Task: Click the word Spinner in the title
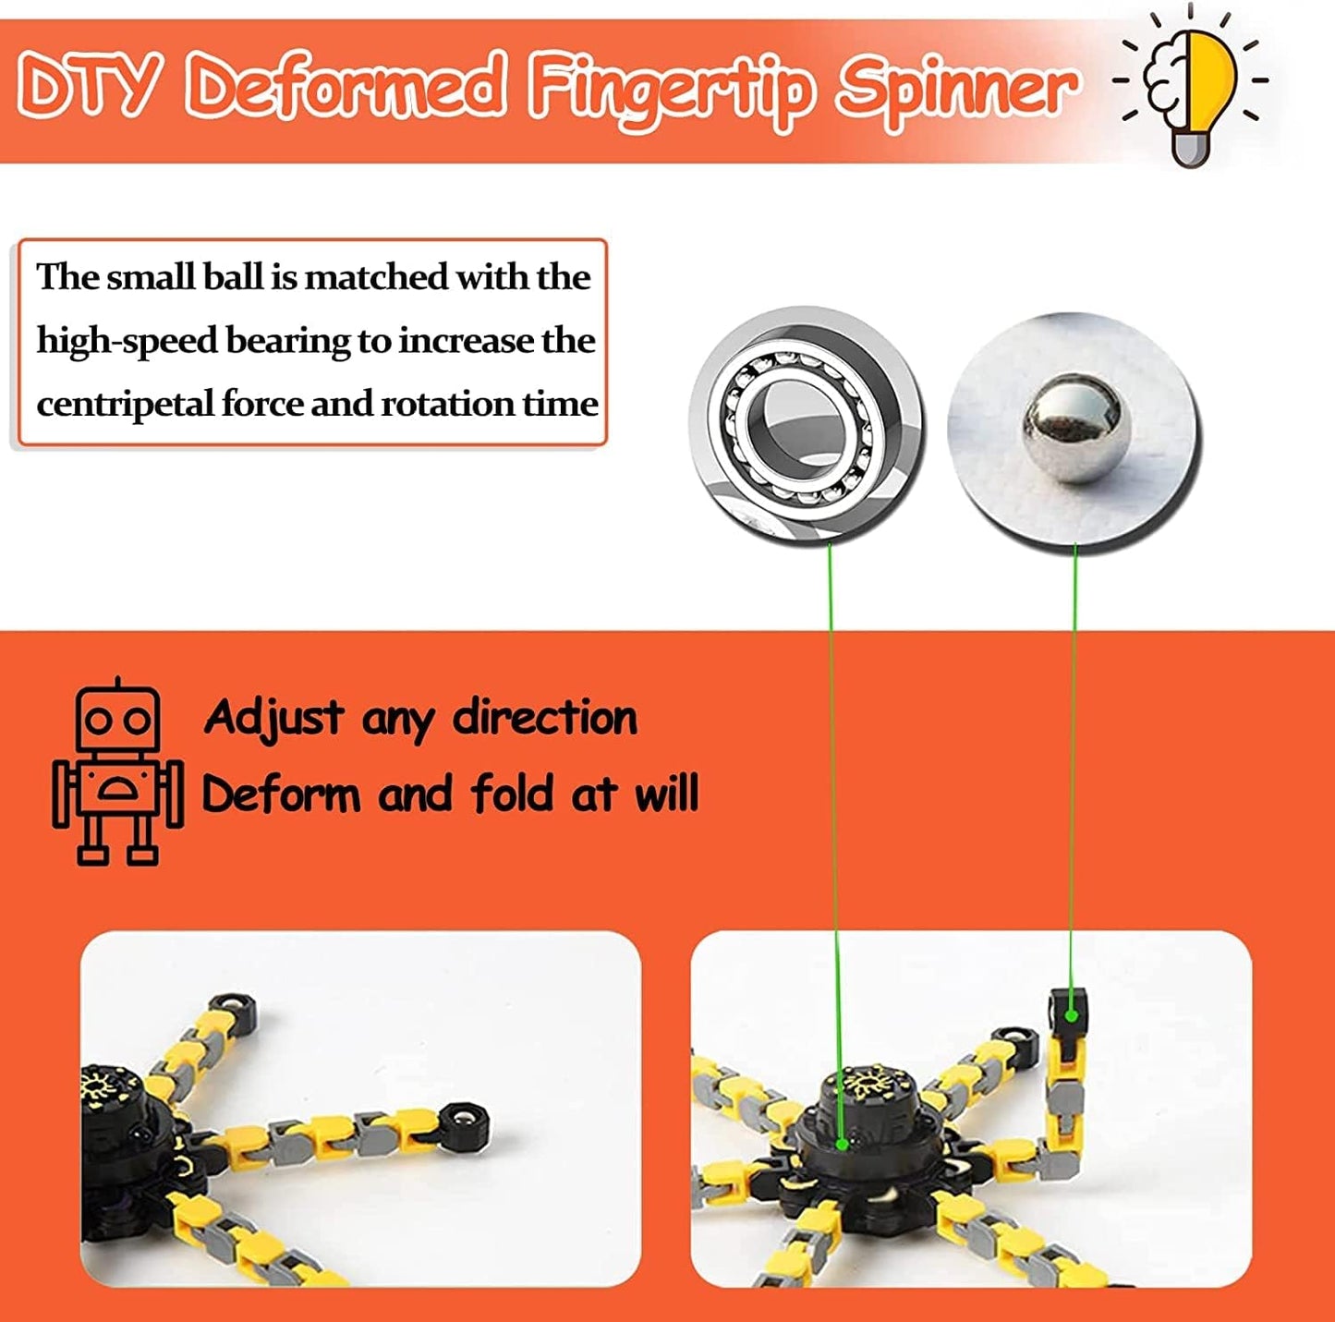[x=957, y=88]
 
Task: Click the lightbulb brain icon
[x=1191, y=88]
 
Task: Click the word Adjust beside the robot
[x=273, y=719]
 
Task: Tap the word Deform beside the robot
[x=281, y=795]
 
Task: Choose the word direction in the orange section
[x=544, y=719]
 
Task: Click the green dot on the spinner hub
[x=842, y=1144]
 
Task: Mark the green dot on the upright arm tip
[x=1071, y=1015]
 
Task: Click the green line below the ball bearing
[x=832, y=739]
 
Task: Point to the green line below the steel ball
[x=1074, y=739]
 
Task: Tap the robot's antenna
[x=117, y=684]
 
